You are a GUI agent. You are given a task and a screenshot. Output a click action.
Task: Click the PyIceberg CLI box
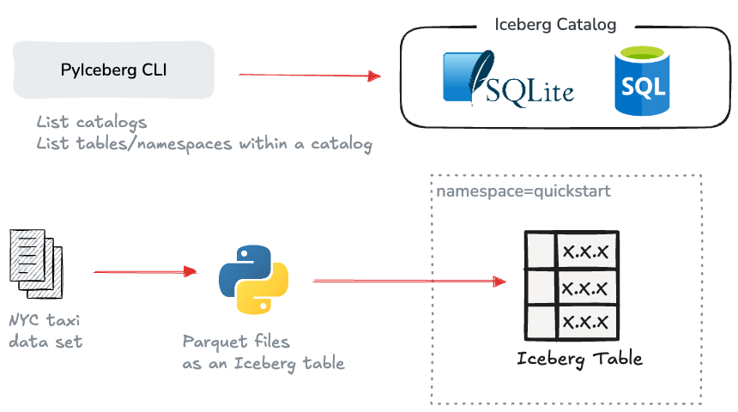[114, 70]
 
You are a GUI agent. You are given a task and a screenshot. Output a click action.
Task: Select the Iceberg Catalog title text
[555, 25]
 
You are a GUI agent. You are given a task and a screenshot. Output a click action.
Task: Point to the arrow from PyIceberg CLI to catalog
[309, 76]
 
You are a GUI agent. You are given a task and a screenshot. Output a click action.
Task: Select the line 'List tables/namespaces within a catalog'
[204, 144]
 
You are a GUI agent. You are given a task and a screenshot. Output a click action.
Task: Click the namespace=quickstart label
[523, 191]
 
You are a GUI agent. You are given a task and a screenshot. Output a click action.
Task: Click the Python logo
[253, 278]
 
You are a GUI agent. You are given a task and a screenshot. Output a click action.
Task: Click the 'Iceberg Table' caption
[579, 358]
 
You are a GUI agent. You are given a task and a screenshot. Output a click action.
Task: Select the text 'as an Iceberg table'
[263, 363]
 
